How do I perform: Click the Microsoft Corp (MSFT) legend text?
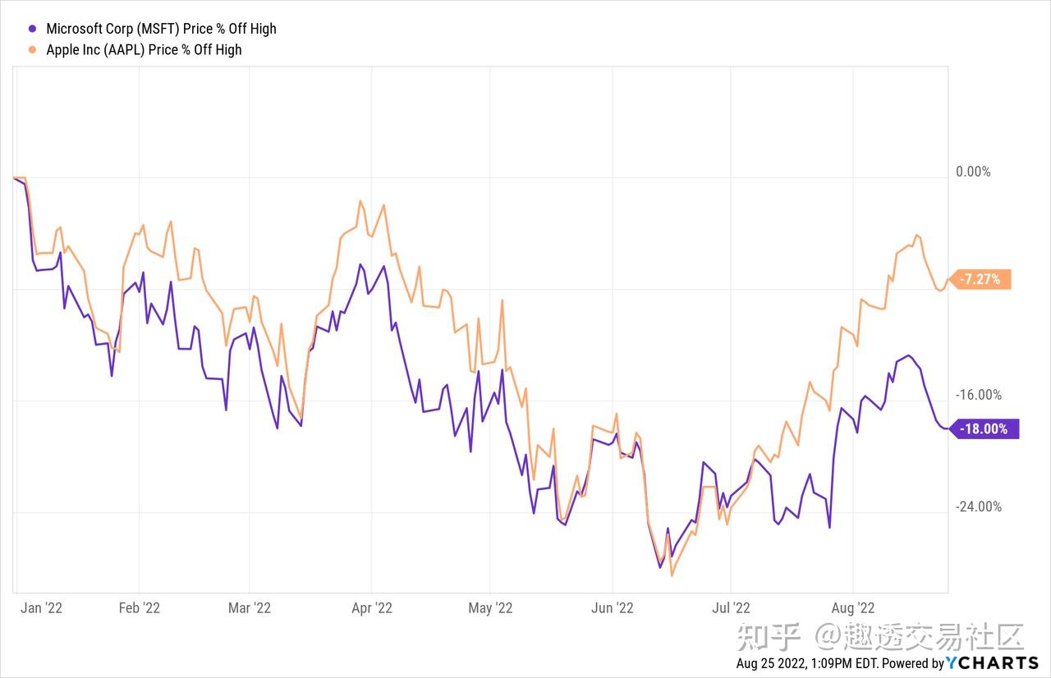click(161, 29)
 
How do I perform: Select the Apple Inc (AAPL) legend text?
click(144, 49)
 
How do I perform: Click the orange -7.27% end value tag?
click(980, 279)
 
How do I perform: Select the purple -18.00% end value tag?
click(984, 428)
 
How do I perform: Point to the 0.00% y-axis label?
click(974, 172)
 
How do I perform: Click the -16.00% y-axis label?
click(978, 395)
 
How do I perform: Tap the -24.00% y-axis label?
click(978, 506)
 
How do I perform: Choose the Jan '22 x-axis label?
click(42, 608)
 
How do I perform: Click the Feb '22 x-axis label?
click(140, 608)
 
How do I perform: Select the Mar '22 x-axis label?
click(250, 608)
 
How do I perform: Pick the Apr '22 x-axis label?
click(371, 608)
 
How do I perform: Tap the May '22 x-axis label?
click(490, 608)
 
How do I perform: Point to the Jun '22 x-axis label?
click(613, 608)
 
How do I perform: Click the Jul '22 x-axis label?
click(731, 608)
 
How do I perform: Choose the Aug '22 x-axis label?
click(854, 608)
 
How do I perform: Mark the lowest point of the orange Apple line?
click(672, 575)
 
